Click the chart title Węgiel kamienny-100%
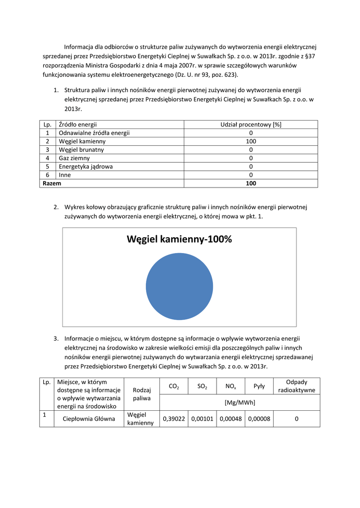point(179,240)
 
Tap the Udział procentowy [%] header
point(251,125)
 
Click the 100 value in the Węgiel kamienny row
point(251,141)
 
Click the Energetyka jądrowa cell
point(85,167)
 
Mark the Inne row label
point(65,175)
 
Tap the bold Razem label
point(52,184)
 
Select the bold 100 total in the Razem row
point(251,184)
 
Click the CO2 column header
point(174,386)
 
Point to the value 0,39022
point(174,419)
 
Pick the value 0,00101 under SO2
point(202,419)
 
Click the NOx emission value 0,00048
point(230,419)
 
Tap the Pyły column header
point(259,386)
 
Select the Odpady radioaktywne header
point(296,386)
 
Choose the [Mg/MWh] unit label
point(239,402)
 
